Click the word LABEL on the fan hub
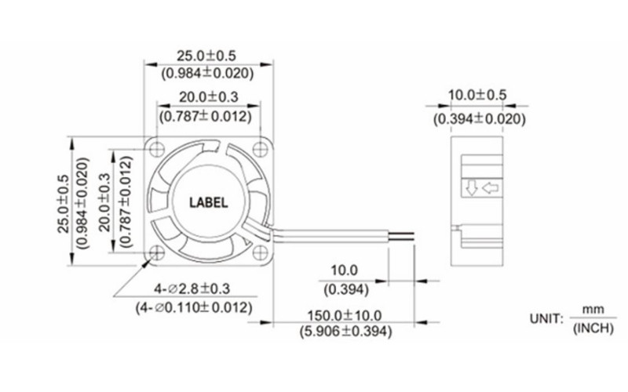click(209, 201)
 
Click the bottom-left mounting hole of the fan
click(157, 252)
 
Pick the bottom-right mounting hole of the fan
click(261, 252)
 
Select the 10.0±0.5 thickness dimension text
click(476, 95)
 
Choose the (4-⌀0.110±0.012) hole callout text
click(194, 307)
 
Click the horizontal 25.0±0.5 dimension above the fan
click(206, 56)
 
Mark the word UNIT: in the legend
click(546, 319)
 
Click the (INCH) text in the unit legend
click(592, 328)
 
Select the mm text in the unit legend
click(592, 309)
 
